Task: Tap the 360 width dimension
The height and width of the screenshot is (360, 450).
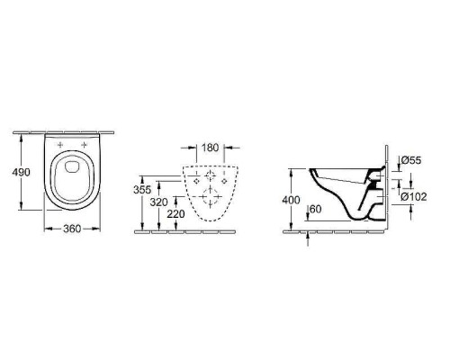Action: coord(72,229)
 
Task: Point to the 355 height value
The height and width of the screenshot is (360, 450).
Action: coord(142,190)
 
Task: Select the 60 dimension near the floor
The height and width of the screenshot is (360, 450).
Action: coord(314,210)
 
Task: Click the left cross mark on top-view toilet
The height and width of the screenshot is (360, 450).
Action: coord(60,145)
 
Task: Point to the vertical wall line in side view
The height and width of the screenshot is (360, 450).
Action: coord(384,189)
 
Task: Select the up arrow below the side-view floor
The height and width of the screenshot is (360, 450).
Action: coord(308,237)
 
